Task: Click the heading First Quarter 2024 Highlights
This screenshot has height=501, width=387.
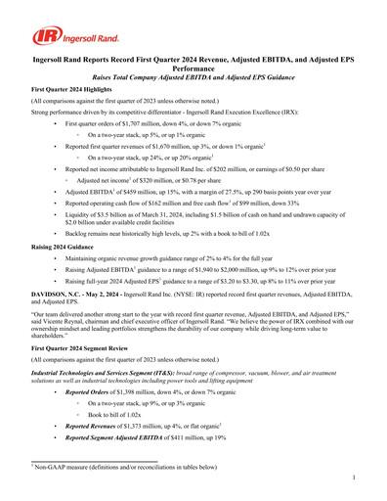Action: (70, 88)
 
